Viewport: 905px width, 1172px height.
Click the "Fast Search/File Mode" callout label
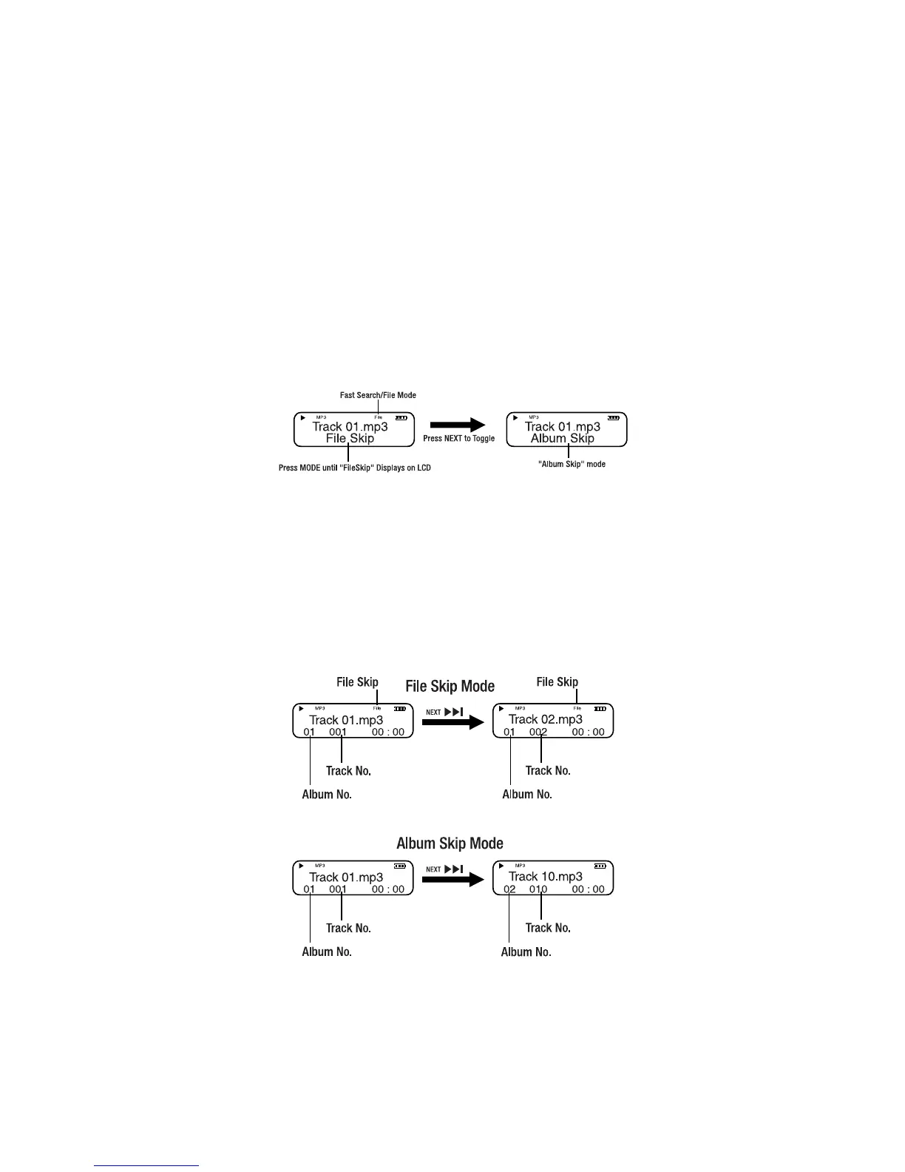point(378,395)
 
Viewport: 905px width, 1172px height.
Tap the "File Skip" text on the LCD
point(350,438)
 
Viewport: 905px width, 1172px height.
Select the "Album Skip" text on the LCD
point(563,438)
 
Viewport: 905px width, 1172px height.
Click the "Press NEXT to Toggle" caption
point(458,439)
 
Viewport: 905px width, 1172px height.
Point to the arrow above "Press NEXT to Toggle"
point(458,425)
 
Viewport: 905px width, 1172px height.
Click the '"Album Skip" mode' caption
point(572,464)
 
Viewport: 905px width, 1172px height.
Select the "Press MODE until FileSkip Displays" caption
point(354,468)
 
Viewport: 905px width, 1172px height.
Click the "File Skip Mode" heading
point(450,687)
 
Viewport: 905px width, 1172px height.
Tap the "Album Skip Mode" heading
point(450,843)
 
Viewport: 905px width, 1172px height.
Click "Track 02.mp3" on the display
point(545,719)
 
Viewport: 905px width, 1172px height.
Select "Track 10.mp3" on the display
point(545,876)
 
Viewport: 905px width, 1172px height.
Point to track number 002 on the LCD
point(538,732)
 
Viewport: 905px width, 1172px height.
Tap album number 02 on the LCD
point(509,889)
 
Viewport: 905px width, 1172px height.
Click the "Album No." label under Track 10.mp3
point(526,952)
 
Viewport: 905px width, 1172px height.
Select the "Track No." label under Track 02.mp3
point(548,771)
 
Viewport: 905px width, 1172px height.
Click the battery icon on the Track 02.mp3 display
point(600,709)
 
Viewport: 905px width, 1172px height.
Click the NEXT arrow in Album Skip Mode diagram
point(452,880)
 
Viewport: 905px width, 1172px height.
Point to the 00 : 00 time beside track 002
point(588,732)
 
